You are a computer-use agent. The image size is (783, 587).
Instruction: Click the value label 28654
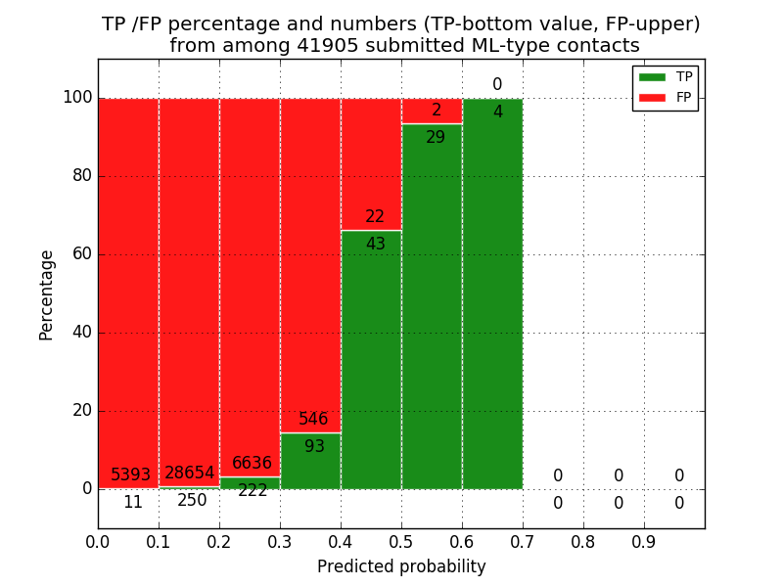pos(189,474)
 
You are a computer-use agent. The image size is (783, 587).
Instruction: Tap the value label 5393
pos(130,475)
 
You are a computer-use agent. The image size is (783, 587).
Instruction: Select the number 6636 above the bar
pos(252,464)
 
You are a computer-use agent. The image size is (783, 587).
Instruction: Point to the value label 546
pos(313,420)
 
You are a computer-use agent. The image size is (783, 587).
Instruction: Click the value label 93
pos(314,447)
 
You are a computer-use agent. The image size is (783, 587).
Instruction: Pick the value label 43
pos(375,245)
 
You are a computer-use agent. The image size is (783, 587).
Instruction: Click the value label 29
pos(436,138)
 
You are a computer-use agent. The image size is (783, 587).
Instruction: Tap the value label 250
pos(192,501)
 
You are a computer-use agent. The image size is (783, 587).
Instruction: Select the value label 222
pos(253,491)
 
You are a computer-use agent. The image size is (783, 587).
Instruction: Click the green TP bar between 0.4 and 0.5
pos(371,372)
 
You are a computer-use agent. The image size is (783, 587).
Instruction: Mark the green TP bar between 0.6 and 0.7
pos(492,293)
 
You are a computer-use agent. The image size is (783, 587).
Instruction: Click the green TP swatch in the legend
pos(652,77)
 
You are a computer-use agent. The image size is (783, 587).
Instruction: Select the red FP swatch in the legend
pos(652,98)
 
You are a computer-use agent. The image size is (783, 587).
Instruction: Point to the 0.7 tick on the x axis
pos(523,540)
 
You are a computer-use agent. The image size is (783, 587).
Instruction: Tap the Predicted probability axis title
pos(401,566)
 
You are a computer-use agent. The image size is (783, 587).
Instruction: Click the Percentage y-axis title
pos(47,293)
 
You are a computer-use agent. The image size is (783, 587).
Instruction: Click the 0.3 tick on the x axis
pos(280,540)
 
